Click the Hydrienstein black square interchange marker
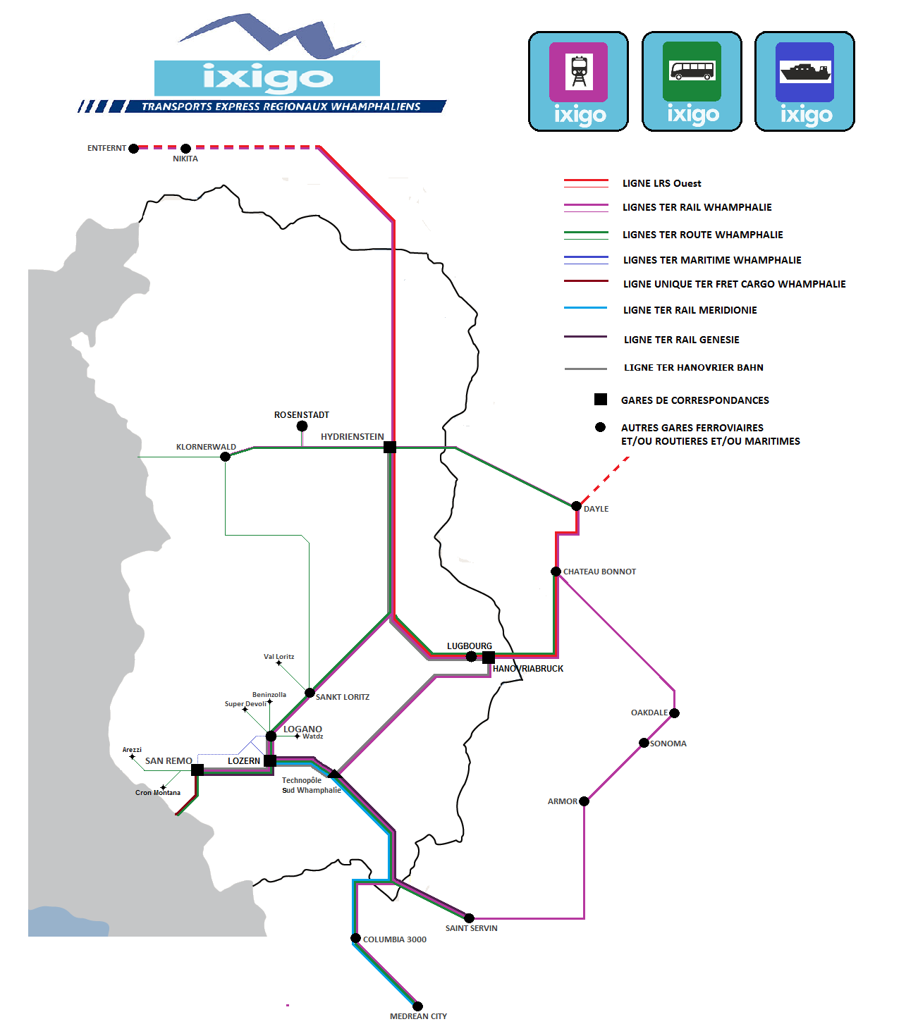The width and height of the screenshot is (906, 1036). pos(389,448)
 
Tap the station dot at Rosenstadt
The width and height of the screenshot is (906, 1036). pos(302,426)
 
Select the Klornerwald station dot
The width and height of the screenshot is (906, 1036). pos(226,457)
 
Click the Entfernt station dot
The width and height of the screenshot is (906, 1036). pos(133,148)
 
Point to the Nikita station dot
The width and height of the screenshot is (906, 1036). pos(185,148)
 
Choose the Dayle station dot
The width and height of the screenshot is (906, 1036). pos(576,506)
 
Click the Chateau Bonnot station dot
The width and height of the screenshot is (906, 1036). pos(556,572)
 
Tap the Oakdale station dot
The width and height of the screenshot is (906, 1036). pos(675,713)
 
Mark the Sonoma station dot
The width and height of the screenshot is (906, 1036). pos(644,743)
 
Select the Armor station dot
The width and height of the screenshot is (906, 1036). pos(584,801)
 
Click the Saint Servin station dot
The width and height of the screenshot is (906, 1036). pos(469,918)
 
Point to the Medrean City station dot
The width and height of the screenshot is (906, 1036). pos(417,1006)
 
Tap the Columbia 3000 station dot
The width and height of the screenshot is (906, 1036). pos(356,938)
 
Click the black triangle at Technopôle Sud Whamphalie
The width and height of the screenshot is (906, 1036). pos(334,774)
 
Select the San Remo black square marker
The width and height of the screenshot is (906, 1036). pos(197,770)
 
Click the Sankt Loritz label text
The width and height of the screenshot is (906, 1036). pos(343,697)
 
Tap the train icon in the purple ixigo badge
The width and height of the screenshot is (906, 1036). pos(579,71)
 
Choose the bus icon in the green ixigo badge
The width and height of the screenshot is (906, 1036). pos(692,70)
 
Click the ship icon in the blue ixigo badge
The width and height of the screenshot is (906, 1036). pos(804,71)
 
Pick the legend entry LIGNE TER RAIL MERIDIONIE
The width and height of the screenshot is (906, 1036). pos(690,310)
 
